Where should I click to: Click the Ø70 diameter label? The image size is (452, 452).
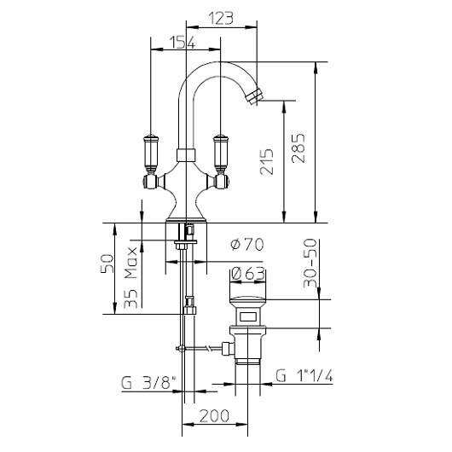click(246, 245)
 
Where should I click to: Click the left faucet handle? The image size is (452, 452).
click(152, 150)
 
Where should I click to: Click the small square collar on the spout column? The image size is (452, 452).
click(184, 154)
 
